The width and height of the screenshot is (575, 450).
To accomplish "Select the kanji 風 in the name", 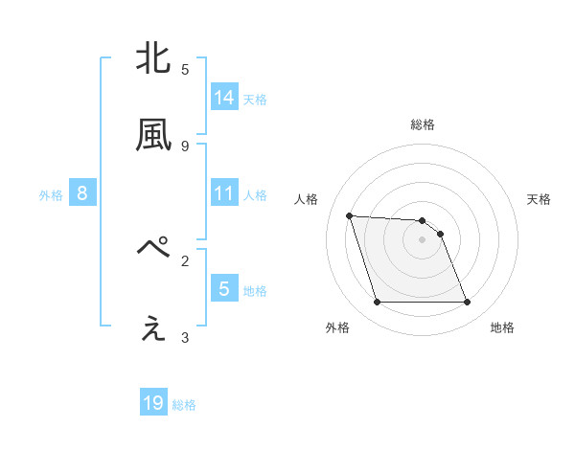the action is pos(154,136).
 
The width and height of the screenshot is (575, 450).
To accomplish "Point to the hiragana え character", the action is pos(154,327).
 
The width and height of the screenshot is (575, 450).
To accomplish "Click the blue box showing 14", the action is pos(224,97).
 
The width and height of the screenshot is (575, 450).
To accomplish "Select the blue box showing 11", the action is pos(224,193).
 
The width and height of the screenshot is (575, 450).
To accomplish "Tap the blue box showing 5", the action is pos(224,288).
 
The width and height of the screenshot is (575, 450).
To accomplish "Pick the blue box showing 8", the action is pos(82,193).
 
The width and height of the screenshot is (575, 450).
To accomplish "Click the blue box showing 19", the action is pos(153,403).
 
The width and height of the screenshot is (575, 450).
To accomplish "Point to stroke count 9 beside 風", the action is pos(185,146).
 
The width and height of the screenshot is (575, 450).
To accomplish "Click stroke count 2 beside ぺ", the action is pos(185,259).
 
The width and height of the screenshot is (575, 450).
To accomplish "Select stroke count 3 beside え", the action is pos(185,337).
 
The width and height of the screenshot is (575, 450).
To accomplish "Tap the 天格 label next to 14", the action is pos(255,99).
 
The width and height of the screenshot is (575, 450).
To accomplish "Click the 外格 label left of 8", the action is pos(51,195).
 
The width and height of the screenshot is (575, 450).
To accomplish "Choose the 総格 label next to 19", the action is pos(184,405).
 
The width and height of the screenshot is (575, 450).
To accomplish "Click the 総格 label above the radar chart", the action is pos(423,124).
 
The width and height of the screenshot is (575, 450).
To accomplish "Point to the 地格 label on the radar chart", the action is pos(502,327).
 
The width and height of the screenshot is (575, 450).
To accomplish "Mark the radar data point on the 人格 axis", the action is pos(350,215).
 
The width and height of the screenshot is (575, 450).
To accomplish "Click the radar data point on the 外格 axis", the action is pos(377,303).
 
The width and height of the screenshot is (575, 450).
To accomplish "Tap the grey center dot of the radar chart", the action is pos(423,239).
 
